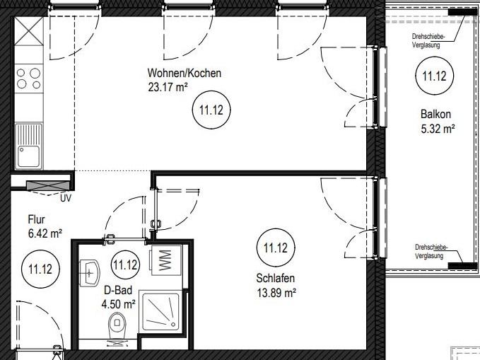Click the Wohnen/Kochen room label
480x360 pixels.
pos(184,74)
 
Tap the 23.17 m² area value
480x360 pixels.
pos(168,87)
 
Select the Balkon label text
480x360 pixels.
pos(435,114)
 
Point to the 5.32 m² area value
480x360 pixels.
pos(438,129)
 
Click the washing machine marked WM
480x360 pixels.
pos(165,260)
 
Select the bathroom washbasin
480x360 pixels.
pos(89,272)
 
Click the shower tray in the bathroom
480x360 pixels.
pos(160,312)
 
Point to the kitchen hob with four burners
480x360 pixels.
pos(28,79)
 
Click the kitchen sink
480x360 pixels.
pos(28,146)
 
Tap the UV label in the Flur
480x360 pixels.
pos(66,199)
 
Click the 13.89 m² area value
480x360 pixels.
pos(276,293)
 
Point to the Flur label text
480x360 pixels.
pos(37,219)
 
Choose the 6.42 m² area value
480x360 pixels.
pos(45,234)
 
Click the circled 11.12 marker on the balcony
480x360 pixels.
pos(434,76)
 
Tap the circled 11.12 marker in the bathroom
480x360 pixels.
pos(126,265)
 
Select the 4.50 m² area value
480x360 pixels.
pos(119,305)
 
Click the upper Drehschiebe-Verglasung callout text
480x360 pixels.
pos(428,40)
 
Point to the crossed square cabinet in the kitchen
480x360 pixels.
pos(28,32)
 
